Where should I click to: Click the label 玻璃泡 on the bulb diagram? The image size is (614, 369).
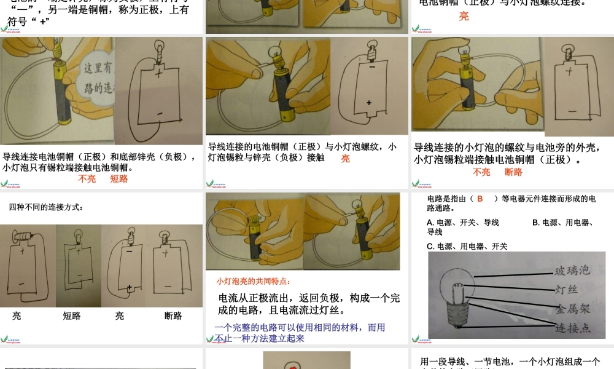[x=572, y=271]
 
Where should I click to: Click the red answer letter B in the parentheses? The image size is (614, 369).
[x=480, y=199]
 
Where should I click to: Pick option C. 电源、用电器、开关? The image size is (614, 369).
[x=467, y=246]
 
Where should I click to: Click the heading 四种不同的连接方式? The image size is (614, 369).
[x=46, y=207]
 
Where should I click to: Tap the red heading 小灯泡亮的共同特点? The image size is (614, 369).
[x=253, y=281]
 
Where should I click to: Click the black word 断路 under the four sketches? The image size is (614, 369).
[x=173, y=315]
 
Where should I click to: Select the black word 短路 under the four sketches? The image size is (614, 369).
[x=71, y=315]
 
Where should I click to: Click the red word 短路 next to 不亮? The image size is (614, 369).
[x=119, y=179]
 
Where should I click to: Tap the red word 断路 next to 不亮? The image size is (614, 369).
[x=513, y=172]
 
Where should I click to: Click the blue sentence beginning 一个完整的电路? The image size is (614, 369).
[x=300, y=333]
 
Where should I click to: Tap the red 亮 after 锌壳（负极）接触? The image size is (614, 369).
[x=346, y=158]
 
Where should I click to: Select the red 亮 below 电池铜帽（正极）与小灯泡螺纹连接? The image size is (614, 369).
[x=464, y=16]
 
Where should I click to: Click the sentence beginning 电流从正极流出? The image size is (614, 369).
[x=309, y=304]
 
